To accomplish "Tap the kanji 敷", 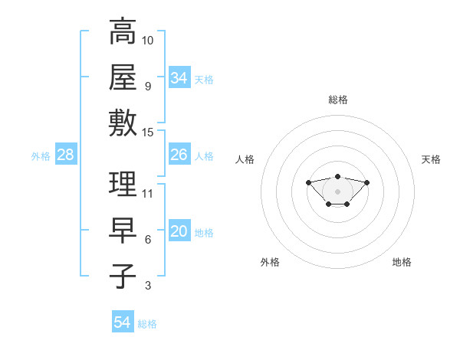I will tap(123, 123).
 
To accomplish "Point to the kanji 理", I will tap(123, 185).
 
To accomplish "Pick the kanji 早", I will tap(123, 231).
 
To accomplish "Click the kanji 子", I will tap(123, 277).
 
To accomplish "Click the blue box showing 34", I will tap(179, 78).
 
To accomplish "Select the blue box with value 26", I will tap(179, 155).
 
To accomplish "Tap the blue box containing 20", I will tap(179, 231).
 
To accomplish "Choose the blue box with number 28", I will tap(66, 155).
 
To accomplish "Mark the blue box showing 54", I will tap(123, 322).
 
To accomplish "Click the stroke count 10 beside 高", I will tap(148, 39).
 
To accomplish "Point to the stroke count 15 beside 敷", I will tap(148, 132).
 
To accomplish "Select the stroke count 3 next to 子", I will tap(148, 286).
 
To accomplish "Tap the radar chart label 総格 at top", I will tap(338, 100).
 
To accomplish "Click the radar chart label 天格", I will tap(432, 159).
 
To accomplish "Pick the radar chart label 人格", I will tap(245, 159).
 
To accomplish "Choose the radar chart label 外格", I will tap(270, 262).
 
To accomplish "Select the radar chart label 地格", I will tap(402, 262).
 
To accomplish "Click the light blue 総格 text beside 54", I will tap(147, 324).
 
